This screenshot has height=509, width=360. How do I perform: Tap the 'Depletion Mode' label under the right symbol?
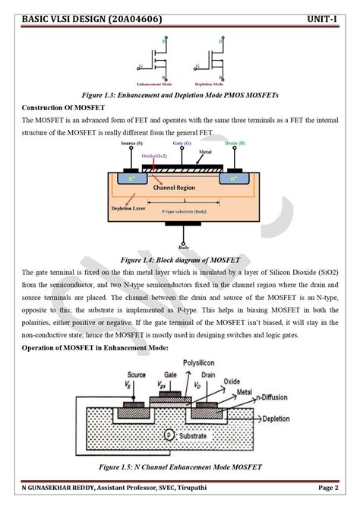pyautogui.click(x=212, y=84)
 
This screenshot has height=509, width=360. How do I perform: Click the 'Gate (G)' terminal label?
pyautogui.click(x=182, y=144)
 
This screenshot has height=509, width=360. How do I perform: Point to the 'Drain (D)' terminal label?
pyautogui.click(x=235, y=144)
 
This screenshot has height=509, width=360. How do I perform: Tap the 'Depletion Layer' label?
pyautogui.click(x=128, y=207)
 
